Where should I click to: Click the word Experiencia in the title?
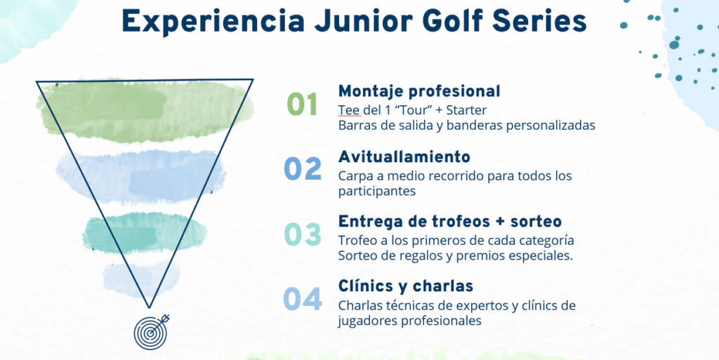tap(213, 22)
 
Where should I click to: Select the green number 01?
tap(302, 104)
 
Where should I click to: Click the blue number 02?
tap(303, 169)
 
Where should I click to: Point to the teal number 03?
tap(303, 234)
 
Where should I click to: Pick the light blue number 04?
tap(303, 299)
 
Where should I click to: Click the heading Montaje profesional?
tap(419, 91)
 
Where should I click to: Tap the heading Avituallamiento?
tap(404, 156)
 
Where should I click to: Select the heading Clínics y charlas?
tap(405, 286)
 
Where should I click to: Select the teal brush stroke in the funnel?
tap(145, 233)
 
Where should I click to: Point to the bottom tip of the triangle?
tap(149, 308)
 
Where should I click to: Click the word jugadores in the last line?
tap(368, 321)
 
